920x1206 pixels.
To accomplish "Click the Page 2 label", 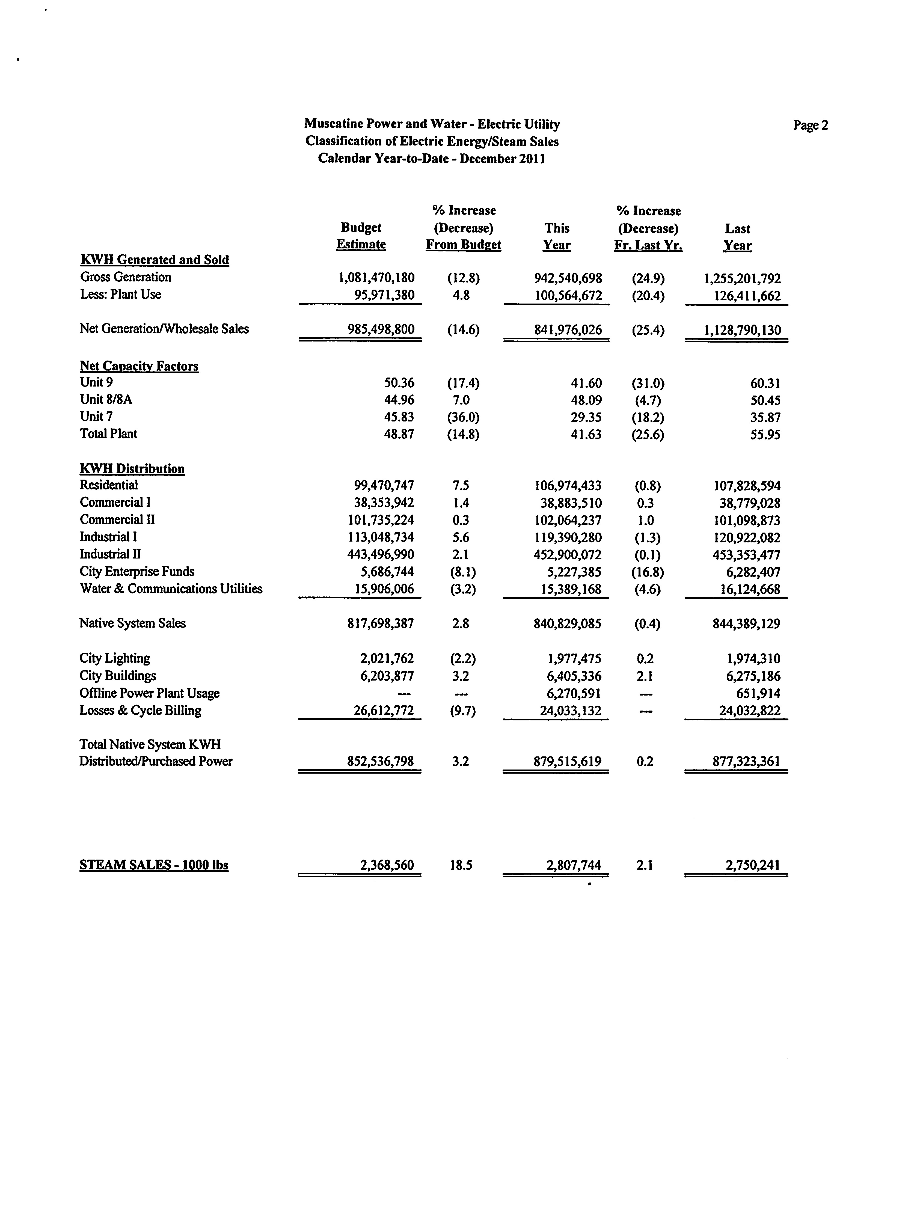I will (x=811, y=125).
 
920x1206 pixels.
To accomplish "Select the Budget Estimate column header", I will (x=361, y=236).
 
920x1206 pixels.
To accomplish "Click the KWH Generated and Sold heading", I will (x=155, y=260).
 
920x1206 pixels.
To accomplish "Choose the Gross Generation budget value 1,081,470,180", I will (x=377, y=278).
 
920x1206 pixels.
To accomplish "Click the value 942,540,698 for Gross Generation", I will (x=568, y=278).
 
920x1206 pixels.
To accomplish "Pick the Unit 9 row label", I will (x=96, y=383).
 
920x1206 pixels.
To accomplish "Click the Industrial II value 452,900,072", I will (x=567, y=555).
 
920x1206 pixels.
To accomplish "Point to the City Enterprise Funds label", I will (x=137, y=572).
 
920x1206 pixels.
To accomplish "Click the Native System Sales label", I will (x=132, y=623).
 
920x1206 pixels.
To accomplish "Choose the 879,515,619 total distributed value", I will (x=567, y=762).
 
